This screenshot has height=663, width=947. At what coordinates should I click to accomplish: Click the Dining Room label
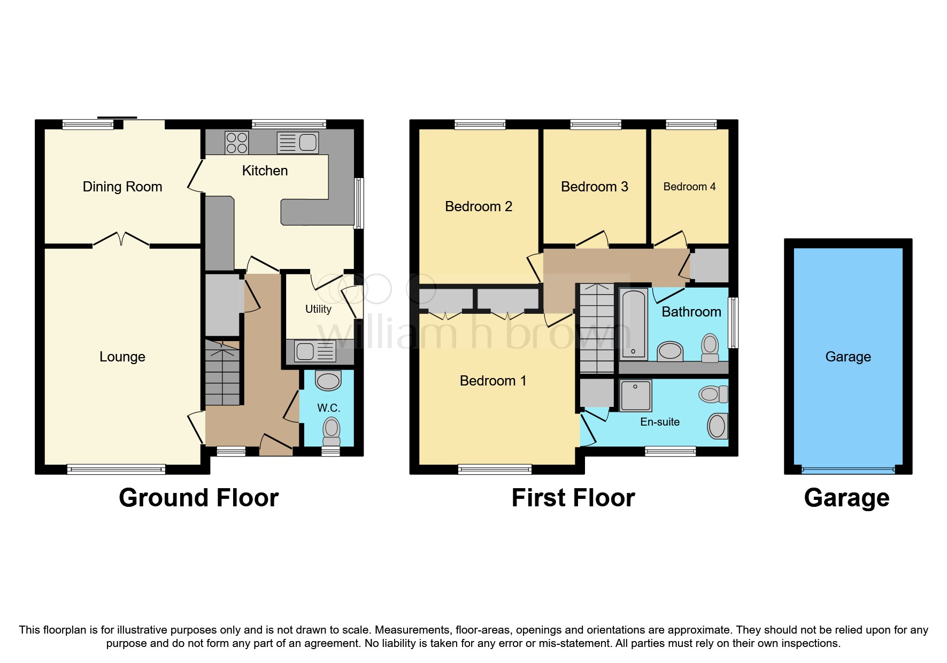pyautogui.click(x=122, y=187)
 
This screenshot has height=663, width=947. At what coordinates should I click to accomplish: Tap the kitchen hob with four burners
pyautogui.click(x=237, y=143)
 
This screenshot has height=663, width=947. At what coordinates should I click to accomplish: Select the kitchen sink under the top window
pyautogui.click(x=298, y=143)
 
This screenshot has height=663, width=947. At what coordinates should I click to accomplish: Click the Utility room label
pyautogui.click(x=318, y=309)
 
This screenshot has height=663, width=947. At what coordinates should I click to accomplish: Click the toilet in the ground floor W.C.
pyautogui.click(x=332, y=431)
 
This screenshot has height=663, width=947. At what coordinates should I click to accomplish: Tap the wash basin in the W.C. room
pyautogui.click(x=328, y=381)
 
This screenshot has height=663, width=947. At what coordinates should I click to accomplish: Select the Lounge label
pyautogui.click(x=122, y=357)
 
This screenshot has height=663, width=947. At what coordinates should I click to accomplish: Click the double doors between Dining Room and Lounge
pyautogui.click(x=121, y=240)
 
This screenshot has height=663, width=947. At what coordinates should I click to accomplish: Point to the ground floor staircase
pyautogui.click(x=222, y=374)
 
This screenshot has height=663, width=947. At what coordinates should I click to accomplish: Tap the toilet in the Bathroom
pyautogui.click(x=710, y=348)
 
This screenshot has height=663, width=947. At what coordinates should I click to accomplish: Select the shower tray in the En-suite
pyautogui.click(x=635, y=395)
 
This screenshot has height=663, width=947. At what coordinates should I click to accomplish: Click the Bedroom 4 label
pyautogui.click(x=689, y=187)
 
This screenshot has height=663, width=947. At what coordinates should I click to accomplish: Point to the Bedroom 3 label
pyautogui.click(x=594, y=187)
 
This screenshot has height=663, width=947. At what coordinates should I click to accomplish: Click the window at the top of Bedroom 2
pyautogui.click(x=480, y=125)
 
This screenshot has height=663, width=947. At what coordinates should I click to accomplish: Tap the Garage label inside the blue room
pyautogui.click(x=848, y=357)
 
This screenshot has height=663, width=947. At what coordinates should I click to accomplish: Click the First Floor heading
pyautogui.click(x=573, y=498)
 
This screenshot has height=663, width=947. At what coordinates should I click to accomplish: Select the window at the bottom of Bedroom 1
pyautogui.click(x=495, y=469)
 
